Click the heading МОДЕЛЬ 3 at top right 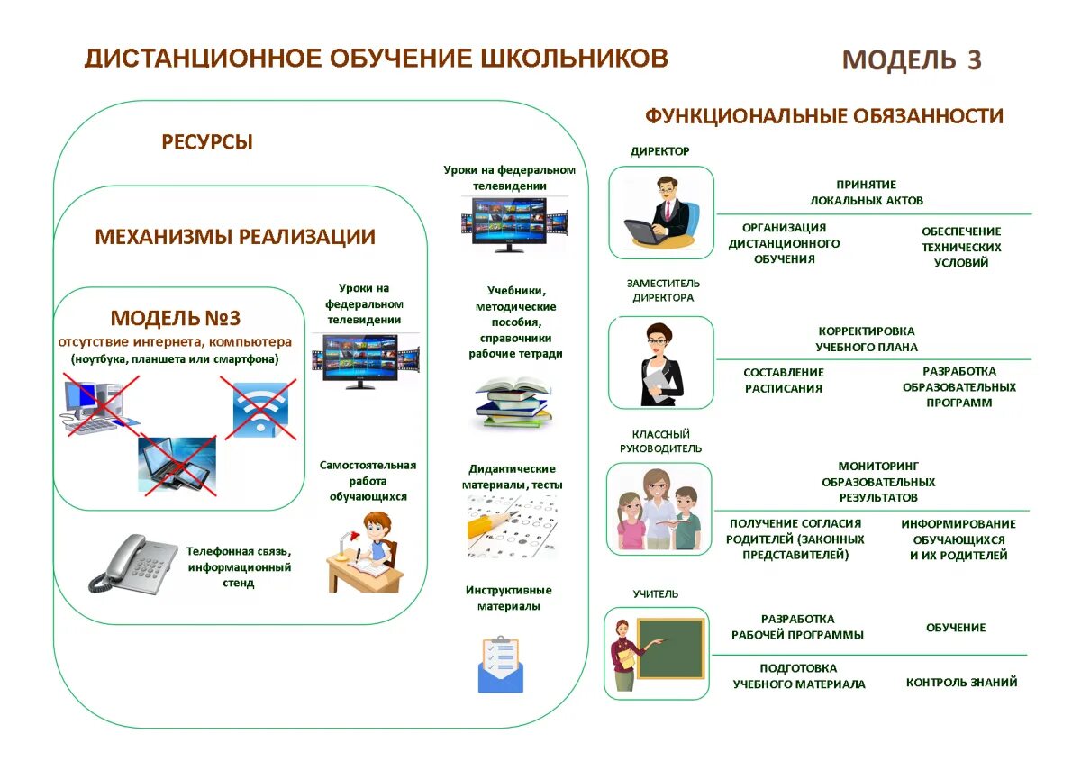tap(912, 60)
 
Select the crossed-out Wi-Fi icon tap(259, 408)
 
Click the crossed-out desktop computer tap(96, 408)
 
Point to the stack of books tap(512, 404)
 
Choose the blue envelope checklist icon tap(500, 664)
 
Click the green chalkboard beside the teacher tap(670, 648)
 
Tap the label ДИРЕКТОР tap(659, 151)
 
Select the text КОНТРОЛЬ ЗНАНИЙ tap(961, 683)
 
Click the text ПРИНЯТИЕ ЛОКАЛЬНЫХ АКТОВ tap(866, 193)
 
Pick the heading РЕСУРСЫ tap(207, 142)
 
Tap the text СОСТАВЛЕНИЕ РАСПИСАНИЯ tap(784, 381)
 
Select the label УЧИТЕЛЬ tap(656, 594)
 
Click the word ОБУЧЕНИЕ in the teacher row tap(956, 628)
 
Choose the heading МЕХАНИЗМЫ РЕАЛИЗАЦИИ tap(235, 237)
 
